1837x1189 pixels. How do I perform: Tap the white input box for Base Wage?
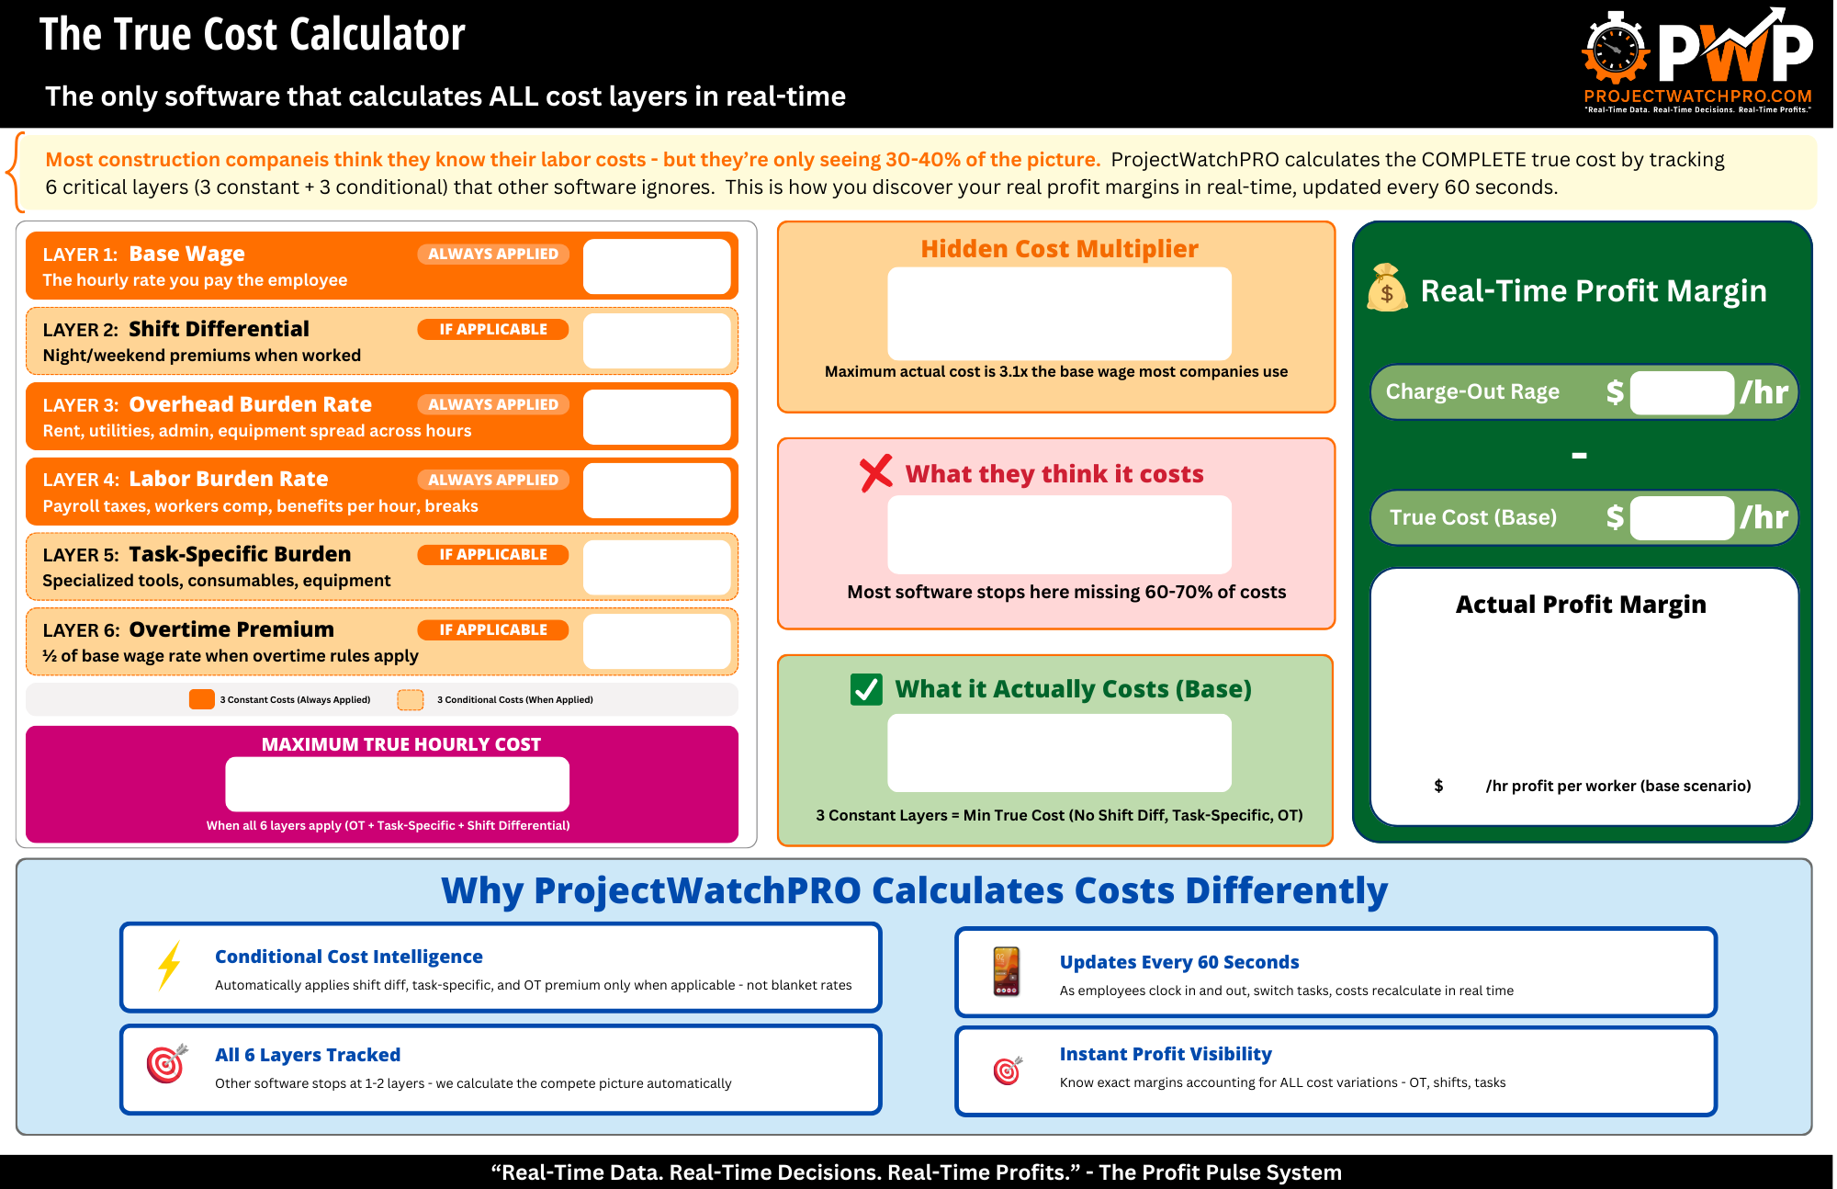657,266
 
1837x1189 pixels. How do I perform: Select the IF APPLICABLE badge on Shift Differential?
493,329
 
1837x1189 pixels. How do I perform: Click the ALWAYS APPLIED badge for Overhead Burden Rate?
493,404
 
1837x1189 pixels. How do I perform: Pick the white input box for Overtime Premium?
657,641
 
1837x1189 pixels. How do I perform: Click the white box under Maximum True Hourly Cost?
397,784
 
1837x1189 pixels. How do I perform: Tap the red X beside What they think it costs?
876,473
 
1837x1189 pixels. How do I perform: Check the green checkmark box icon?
866,689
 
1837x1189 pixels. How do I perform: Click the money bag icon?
1387,289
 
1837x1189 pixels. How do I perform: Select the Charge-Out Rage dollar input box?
1681,392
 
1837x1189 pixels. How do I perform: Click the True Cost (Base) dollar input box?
1681,517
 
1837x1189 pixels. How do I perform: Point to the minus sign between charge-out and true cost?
1579,456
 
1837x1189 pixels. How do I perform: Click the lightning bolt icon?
169,966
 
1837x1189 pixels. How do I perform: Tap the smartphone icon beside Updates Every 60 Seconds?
1007,971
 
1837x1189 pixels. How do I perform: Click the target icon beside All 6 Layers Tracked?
167,1064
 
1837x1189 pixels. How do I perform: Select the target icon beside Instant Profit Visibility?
1008,1070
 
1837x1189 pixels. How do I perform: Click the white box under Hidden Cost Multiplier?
1059,313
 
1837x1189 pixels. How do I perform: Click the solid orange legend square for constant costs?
201,699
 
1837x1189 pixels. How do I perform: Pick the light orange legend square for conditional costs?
411,699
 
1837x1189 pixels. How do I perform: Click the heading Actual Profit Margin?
1581,605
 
